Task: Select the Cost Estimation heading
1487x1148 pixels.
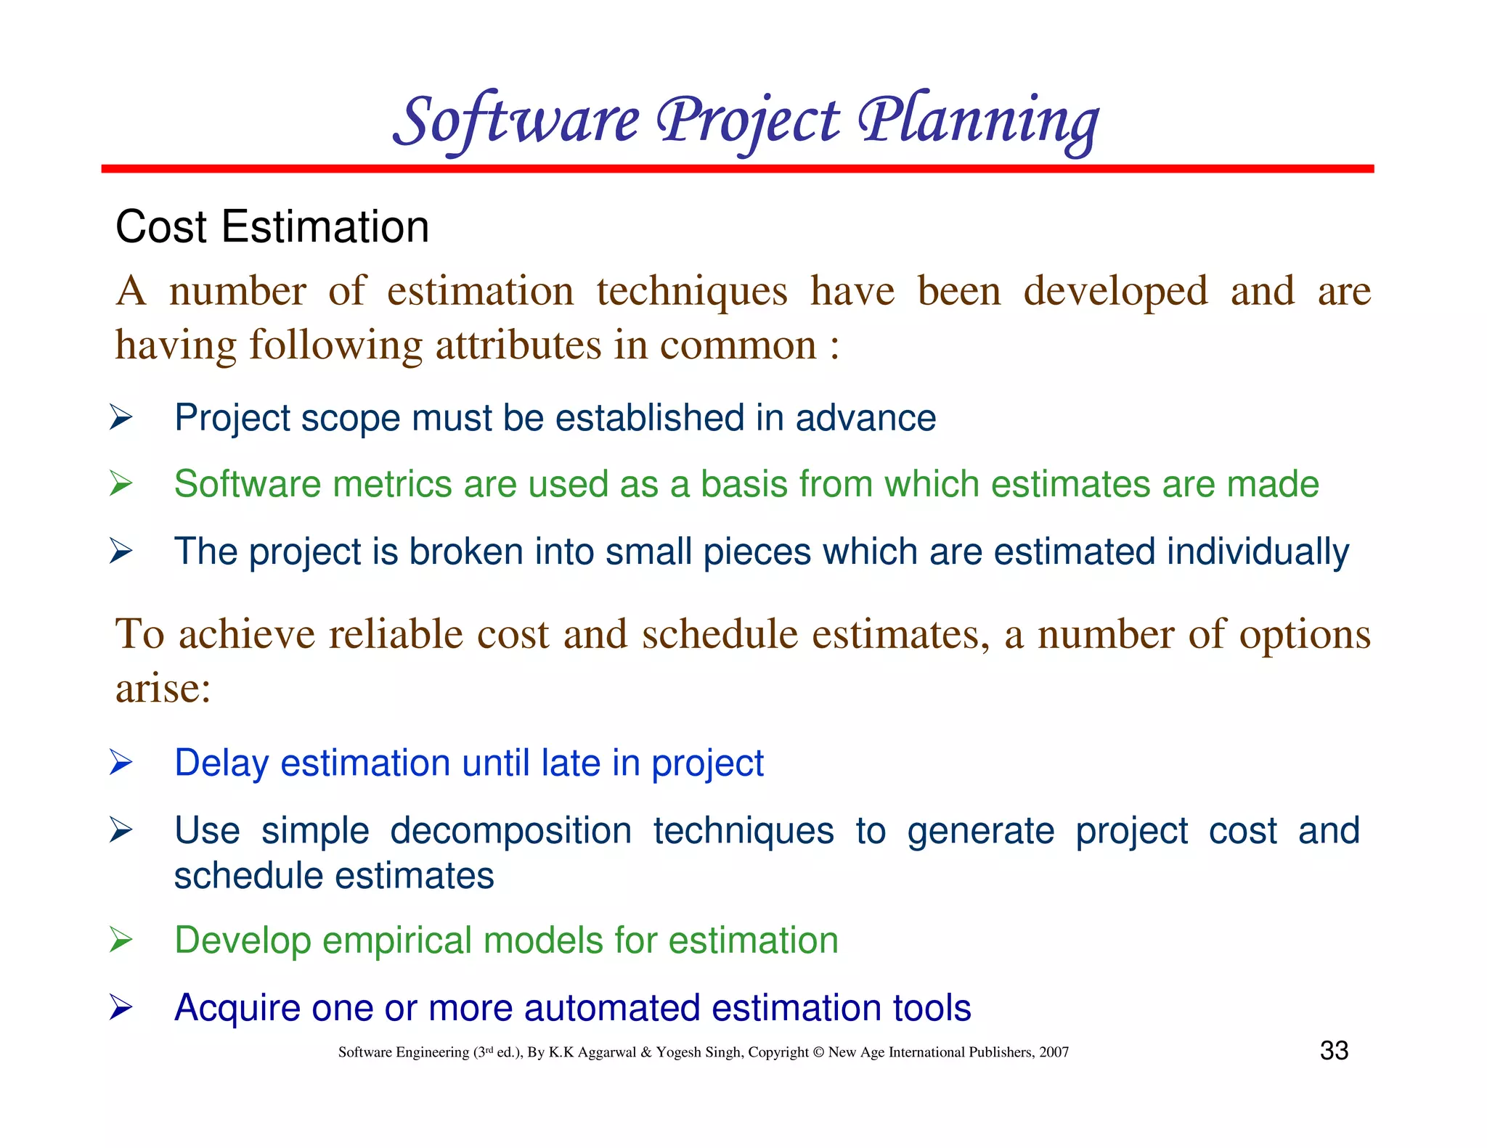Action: click(272, 227)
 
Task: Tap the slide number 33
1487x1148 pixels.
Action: click(1334, 1051)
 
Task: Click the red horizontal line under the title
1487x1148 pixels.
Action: click(737, 169)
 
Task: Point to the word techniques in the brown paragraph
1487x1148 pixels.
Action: click(692, 292)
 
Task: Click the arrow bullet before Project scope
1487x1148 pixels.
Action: click(121, 418)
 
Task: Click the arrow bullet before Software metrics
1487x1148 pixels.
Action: click(121, 484)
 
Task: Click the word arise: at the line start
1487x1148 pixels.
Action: click(163, 688)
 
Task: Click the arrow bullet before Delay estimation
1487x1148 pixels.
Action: click(121, 763)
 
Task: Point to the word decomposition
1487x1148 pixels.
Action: click(510, 832)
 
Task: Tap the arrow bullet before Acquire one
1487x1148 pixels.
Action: click(121, 1008)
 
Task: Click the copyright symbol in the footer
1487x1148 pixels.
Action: click(818, 1052)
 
